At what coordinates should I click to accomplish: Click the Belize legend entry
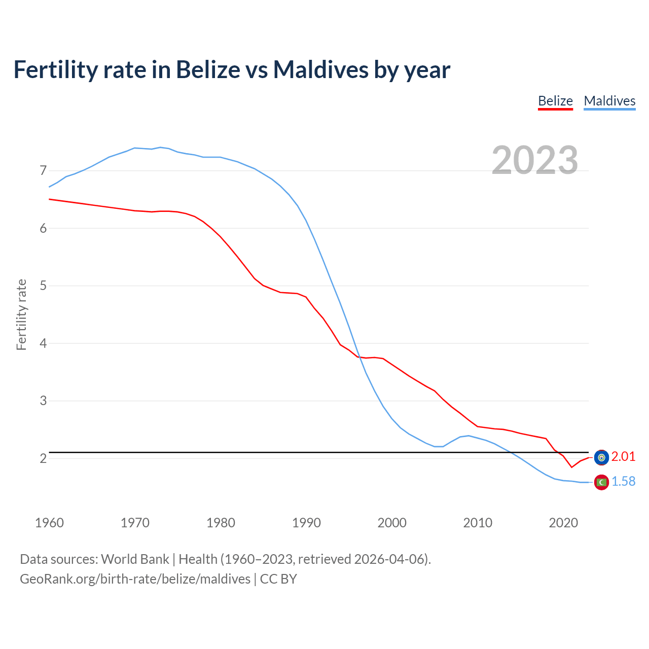[x=555, y=101]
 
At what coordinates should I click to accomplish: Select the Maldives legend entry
[x=609, y=101]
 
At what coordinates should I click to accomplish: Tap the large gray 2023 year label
[x=535, y=160]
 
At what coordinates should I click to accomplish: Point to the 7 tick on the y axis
[x=43, y=171]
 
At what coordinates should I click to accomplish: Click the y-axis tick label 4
[x=43, y=343]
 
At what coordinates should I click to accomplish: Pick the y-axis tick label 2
[x=43, y=458]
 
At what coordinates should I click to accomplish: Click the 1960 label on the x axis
[x=49, y=523]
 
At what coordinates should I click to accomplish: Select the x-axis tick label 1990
[x=306, y=523]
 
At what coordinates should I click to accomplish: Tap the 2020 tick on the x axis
[x=563, y=523]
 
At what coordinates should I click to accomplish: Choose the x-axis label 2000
[x=392, y=523]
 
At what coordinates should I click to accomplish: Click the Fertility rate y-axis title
[x=21, y=314]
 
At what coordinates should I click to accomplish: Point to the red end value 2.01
[x=623, y=457]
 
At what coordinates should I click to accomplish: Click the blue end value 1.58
[x=623, y=482]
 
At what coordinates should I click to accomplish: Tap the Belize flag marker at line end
[x=601, y=457]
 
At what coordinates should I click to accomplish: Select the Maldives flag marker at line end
[x=601, y=482]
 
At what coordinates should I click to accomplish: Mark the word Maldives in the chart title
[x=321, y=69]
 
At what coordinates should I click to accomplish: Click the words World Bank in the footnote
[x=135, y=559]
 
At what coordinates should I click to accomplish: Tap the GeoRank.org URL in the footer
[x=135, y=579]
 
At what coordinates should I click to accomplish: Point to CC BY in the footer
[x=278, y=579]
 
